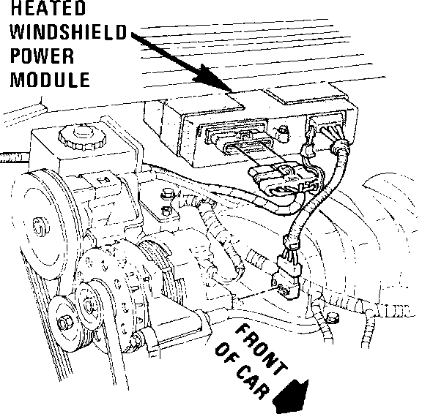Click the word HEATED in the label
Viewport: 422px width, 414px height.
click(48, 8)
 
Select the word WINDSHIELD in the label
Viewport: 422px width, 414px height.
click(68, 32)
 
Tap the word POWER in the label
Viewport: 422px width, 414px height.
click(42, 56)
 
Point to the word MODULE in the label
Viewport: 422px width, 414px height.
click(50, 80)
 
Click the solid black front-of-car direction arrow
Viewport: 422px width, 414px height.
click(291, 397)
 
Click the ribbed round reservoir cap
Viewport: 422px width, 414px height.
click(82, 137)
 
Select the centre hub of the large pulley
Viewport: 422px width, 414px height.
click(41, 227)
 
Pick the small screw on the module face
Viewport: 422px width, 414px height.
click(282, 131)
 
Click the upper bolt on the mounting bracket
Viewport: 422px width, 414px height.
click(167, 193)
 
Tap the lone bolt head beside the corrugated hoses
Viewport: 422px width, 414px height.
click(333, 318)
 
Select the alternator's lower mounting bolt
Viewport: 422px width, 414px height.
click(136, 340)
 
